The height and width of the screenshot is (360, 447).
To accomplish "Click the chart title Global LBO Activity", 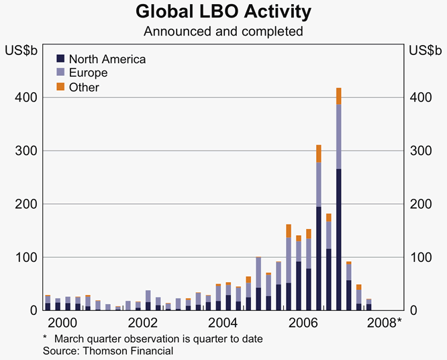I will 223,12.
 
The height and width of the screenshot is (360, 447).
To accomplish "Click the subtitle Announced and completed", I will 223,32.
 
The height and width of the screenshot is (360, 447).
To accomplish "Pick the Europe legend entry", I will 88,73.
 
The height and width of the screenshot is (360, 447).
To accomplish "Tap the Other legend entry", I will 84,87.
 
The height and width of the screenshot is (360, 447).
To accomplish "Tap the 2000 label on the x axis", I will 62,322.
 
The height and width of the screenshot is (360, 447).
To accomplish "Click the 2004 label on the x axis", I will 223,322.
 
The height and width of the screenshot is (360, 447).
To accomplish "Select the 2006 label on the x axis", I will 303,322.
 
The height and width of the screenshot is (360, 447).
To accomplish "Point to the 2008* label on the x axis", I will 385,322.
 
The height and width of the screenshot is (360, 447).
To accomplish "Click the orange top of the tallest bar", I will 339,95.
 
